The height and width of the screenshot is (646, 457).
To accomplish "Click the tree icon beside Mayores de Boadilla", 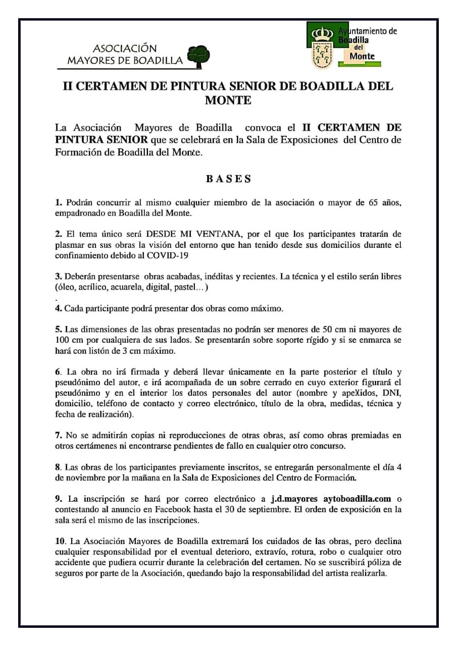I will [x=198, y=56].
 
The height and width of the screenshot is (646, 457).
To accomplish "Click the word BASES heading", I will [x=228, y=179].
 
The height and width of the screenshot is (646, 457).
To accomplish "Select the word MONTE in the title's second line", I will [x=228, y=100].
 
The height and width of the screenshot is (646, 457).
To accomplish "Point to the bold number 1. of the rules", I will [x=59, y=203].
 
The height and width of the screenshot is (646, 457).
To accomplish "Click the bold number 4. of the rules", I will [x=59, y=308].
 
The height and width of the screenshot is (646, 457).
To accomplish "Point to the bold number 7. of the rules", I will [x=59, y=435].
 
